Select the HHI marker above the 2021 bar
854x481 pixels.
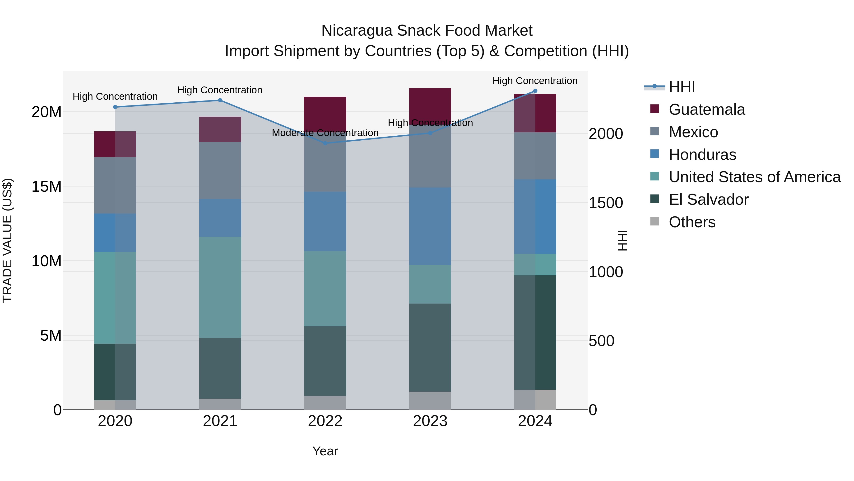(220, 100)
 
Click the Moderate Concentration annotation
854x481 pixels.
(325, 133)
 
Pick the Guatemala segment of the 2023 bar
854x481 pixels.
(430, 105)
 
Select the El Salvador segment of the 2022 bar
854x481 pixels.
(325, 361)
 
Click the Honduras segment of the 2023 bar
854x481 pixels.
(430, 226)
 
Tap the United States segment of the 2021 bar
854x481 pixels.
(220, 287)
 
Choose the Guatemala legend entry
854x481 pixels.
(706, 110)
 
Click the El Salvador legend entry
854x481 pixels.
(708, 200)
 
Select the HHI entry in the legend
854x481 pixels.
(682, 87)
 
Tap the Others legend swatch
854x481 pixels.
(654, 221)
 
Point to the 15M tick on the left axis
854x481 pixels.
(46, 186)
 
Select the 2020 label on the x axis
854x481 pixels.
(115, 421)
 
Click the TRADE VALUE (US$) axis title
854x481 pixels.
(7, 240)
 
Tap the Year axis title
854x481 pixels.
(325, 451)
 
